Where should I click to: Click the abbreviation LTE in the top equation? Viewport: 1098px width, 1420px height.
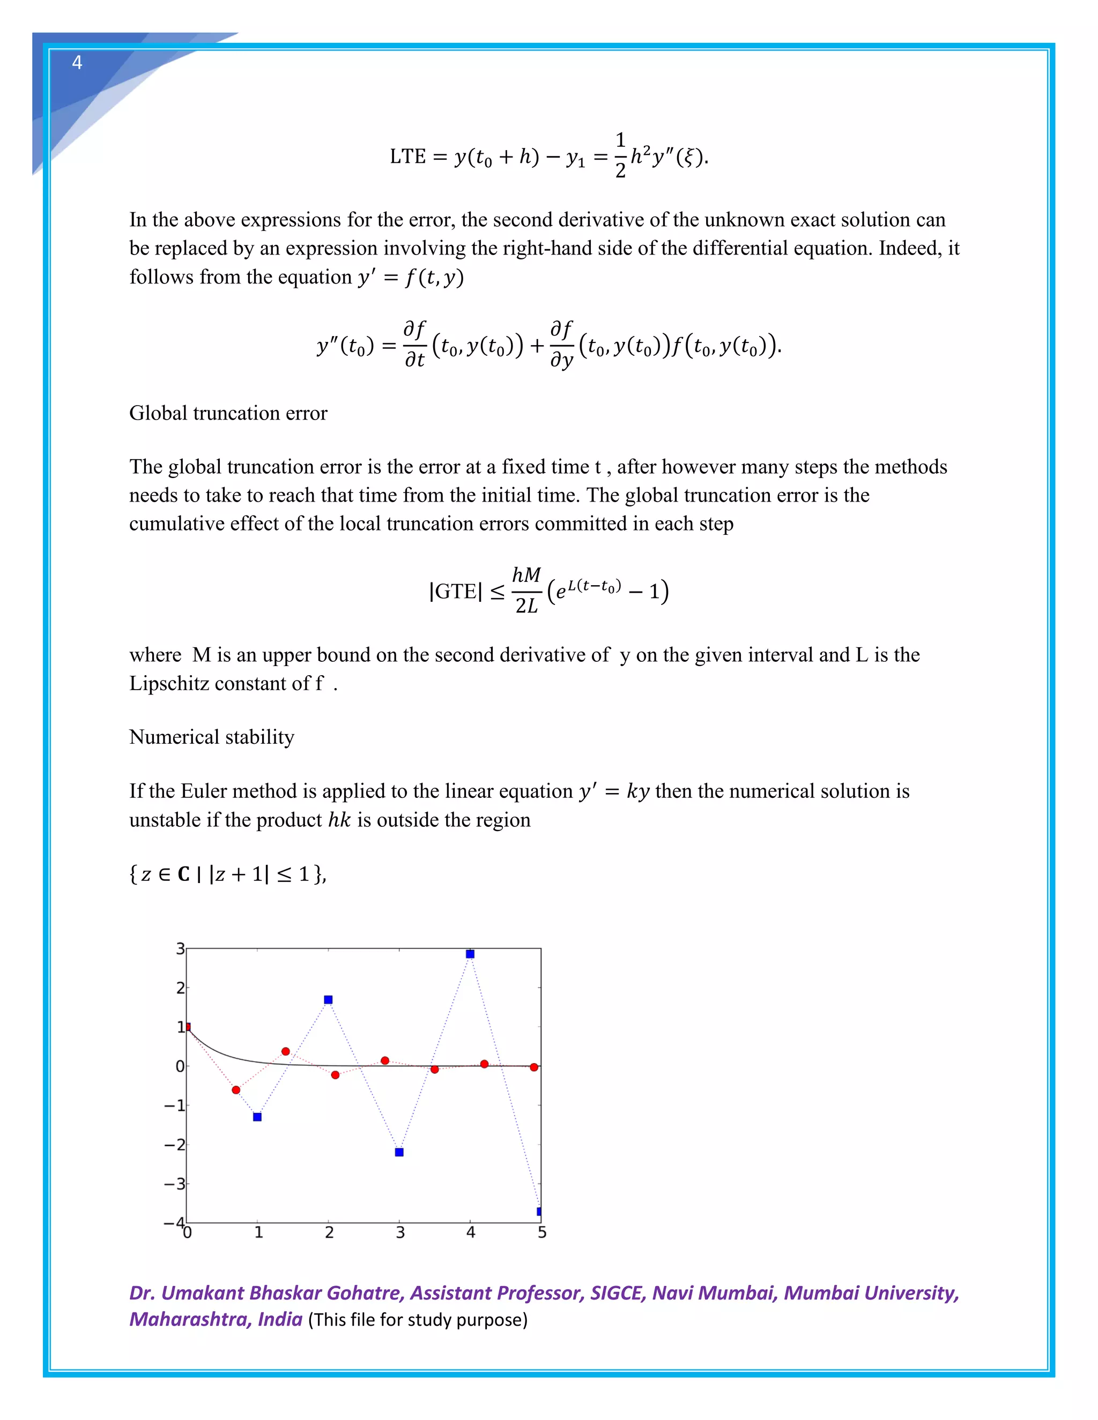pos(407,156)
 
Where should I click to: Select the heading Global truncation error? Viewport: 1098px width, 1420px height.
pos(228,413)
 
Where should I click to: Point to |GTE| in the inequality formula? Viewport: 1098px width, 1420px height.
pos(455,591)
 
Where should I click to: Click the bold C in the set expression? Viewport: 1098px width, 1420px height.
pos(183,874)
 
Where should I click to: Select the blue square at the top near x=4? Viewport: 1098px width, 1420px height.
pos(470,954)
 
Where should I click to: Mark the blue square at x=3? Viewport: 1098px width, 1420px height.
pos(399,1152)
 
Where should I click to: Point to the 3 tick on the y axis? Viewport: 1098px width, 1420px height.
pos(180,948)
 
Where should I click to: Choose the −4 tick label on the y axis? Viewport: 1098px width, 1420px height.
pos(174,1223)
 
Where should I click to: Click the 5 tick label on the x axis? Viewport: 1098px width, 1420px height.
pos(542,1233)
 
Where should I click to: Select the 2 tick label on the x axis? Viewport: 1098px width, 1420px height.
pos(329,1233)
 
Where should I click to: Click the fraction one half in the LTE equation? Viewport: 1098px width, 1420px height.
pos(620,155)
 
